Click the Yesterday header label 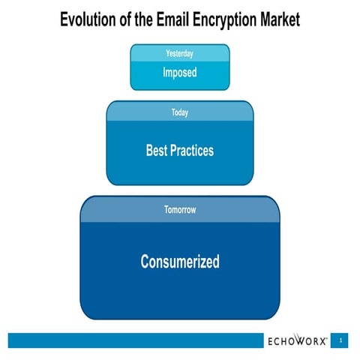180,53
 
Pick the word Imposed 180,73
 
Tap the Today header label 180,112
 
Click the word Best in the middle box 157,151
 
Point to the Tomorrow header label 180,210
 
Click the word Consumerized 180,262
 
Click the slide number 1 341,340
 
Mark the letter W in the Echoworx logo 304,341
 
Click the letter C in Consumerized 145,262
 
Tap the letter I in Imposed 164,73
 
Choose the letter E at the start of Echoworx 271,341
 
